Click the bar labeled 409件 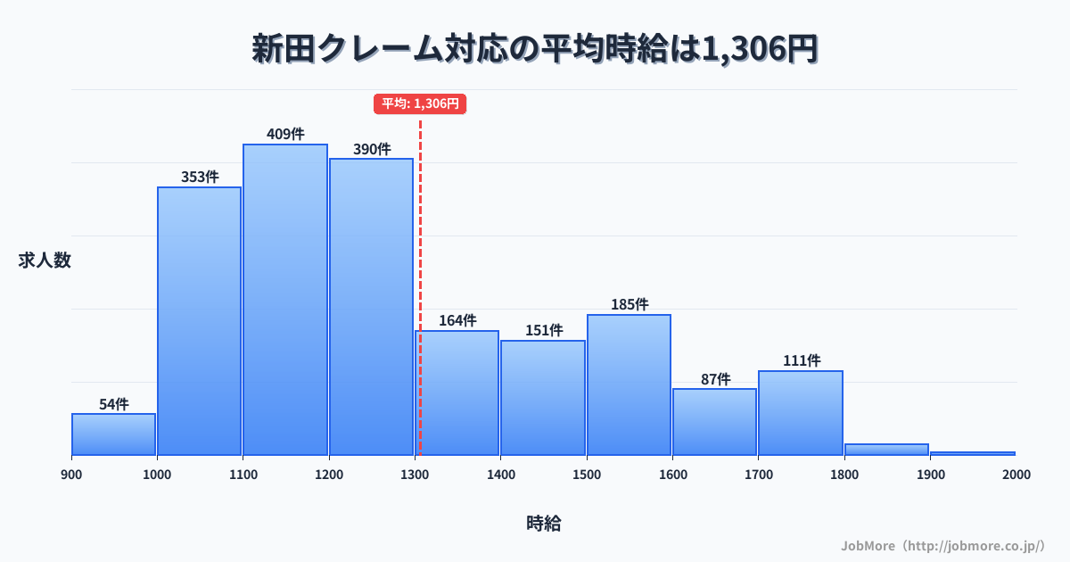[285, 299]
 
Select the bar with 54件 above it [113, 434]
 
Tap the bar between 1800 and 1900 [886, 450]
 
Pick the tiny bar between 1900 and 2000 [972, 453]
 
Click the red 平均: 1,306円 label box [420, 103]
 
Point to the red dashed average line [420, 268]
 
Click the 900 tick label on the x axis [71, 475]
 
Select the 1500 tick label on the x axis [587, 475]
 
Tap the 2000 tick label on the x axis [1016, 475]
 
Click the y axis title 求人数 [45, 260]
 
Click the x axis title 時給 [543, 524]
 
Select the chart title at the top [535, 49]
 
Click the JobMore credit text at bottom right [943, 545]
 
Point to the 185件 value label [630, 304]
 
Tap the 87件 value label [715, 379]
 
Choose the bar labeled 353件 [200, 321]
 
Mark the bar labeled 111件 [801, 412]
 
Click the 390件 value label [372, 149]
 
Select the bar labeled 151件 [543, 397]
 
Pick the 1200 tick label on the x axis [329, 475]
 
